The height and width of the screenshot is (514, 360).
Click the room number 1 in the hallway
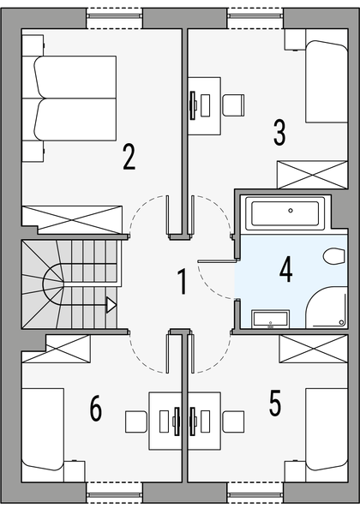(x=182, y=282)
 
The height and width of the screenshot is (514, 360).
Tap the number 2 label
(x=129, y=157)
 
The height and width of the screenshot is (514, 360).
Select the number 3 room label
(x=279, y=132)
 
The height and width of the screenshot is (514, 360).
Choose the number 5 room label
(x=275, y=403)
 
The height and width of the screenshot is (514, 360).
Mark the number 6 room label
(x=95, y=409)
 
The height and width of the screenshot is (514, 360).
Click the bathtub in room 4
(x=284, y=212)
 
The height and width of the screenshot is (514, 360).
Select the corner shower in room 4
(x=327, y=308)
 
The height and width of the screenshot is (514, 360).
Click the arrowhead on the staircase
(x=111, y=303)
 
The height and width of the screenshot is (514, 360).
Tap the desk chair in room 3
(x=232, y=103)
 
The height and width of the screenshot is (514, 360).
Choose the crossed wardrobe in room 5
(x=309, y=350)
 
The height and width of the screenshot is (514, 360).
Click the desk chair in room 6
(x=136, y=422)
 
